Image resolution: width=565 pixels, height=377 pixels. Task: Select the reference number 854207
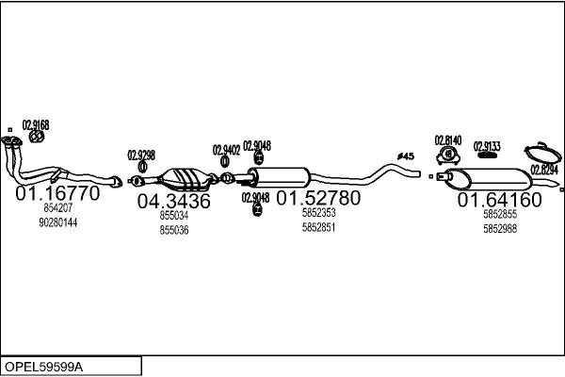pos(58,208)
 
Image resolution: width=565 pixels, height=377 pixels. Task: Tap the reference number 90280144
pos(58,222)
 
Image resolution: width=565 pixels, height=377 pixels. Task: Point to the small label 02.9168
pos(36,124)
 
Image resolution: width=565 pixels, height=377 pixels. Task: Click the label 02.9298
pos(140,155)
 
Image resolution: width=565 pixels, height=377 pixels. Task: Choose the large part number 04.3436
pos(174,201)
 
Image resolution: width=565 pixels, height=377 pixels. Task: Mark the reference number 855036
pos(174,230)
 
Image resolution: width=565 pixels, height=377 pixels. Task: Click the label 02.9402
pos(226,149)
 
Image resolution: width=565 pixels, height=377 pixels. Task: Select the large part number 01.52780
pos(317,198)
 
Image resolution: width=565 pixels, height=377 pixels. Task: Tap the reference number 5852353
pos(318,213)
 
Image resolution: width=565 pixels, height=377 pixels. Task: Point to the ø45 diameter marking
pos(406,156)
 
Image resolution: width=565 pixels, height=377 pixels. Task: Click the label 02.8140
pos(448,139)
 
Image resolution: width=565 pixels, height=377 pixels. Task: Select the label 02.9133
pos(487,146)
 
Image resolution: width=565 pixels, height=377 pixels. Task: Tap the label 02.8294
pos(543,170)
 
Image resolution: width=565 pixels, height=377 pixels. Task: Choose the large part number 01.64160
pos(499,200)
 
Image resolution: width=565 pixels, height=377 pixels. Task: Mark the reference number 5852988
pos(500,228)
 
